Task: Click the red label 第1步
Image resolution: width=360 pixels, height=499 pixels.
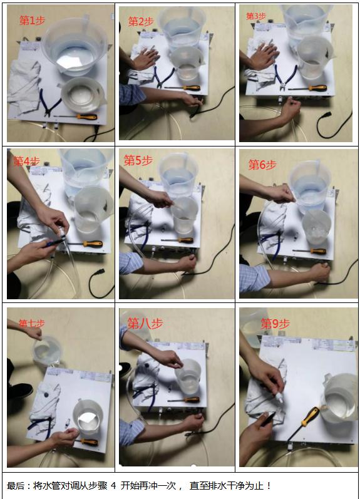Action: tap(32, 21)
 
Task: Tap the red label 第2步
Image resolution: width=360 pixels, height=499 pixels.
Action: tap(141, 21)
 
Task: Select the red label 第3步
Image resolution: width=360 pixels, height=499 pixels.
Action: tap(256, 16)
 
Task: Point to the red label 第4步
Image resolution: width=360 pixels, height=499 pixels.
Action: tap(26, 161)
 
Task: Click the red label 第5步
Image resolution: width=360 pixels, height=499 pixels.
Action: tap(138, 160)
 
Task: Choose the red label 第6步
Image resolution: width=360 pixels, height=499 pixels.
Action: tap(262, 165)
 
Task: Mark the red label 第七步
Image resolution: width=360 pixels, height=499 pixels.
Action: tap(31, 324)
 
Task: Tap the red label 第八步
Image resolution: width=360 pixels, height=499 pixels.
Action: tap(145, 323)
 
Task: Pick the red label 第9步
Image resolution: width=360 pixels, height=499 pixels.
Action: tap(275, 324)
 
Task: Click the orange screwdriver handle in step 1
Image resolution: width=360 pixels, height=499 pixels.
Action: tap(86, 117)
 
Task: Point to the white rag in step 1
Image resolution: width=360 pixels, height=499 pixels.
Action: tap(23, 85)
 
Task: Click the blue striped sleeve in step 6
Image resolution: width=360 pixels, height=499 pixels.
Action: tap(254, 278)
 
